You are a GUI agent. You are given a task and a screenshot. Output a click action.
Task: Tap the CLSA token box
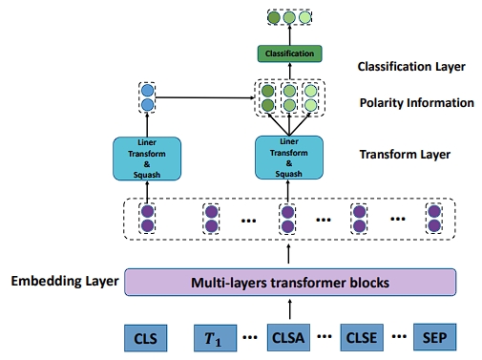click(x=287, y=337)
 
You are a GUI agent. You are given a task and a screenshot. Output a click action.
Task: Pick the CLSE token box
click(x=360, y=337)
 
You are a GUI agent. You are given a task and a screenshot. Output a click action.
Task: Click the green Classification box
click(x=287, y=53)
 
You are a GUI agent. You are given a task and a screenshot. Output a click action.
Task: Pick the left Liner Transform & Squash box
click(x=147, y=158)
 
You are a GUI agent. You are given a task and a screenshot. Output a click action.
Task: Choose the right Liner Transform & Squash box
click(x=287, y=158)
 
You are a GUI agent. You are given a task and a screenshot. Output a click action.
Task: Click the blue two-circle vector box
click(x=147, y=96)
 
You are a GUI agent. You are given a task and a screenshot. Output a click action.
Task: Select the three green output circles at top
click(x=287, y=17)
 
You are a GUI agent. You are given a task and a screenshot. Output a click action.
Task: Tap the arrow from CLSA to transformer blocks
click(x=287, y=307)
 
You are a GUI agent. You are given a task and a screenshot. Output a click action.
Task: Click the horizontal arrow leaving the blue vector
click(x=205, y=96)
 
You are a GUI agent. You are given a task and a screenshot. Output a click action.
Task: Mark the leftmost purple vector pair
click(x=147, y=218)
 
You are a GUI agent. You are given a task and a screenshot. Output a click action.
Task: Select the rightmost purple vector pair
click(x=435, y=218)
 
